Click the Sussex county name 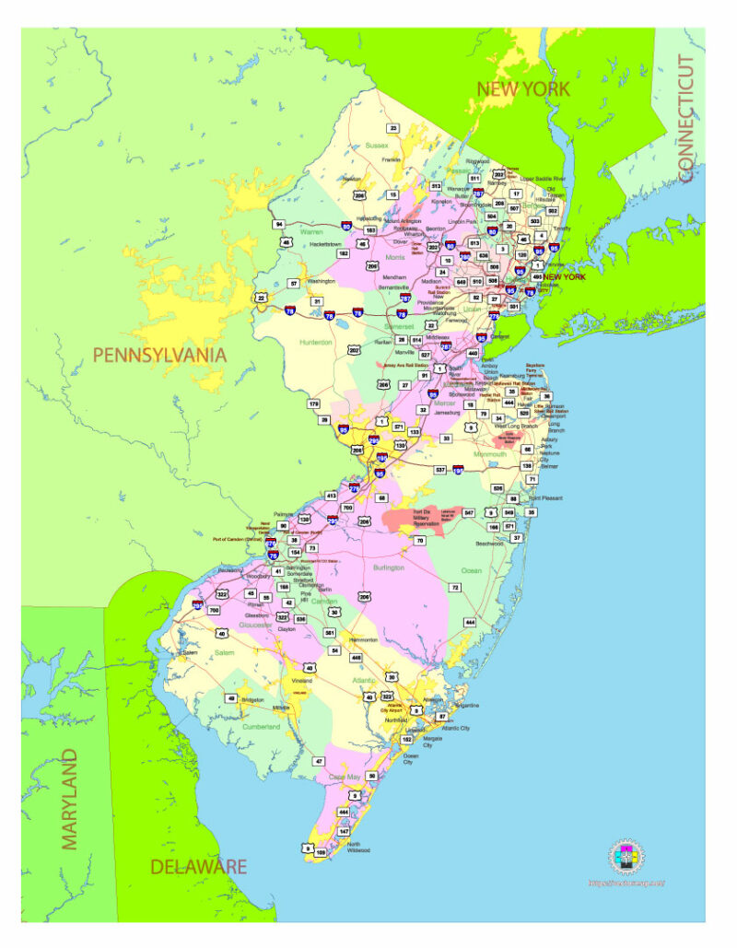point(377,146)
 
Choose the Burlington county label point(388,568)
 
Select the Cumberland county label point(262,727)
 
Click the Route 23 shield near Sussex point(393,128)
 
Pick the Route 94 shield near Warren point(278,224)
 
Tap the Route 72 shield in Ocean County point(454,587)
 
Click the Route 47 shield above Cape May point(319,761)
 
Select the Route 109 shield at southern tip point(321,853)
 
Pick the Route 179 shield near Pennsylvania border point(314,404)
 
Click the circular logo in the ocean point(626,857)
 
